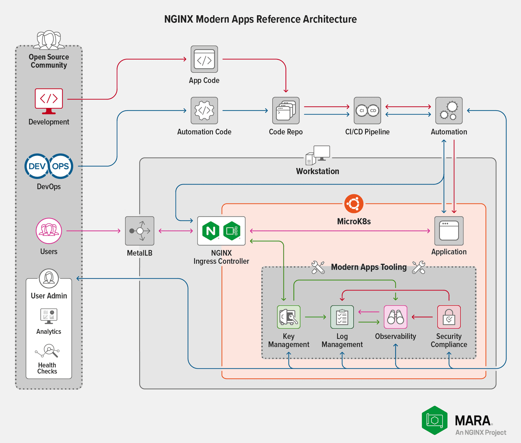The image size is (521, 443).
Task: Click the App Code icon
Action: point(204,59)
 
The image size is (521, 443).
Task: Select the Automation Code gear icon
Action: point(204,111)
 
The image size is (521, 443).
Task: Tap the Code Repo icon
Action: point(286,111)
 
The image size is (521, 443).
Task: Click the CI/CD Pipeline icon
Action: point(367,111)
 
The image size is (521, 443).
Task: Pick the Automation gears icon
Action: point(449,111)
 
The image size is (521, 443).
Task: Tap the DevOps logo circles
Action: point(49,166)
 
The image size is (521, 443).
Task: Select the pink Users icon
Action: point(49,231)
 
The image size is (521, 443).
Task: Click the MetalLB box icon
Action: point(140,231)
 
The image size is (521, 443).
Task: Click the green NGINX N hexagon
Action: point(211,231)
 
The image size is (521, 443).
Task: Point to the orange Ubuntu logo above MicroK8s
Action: point(354,204)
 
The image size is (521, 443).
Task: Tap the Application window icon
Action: point(449,231)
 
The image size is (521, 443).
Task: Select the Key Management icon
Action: point(289,317)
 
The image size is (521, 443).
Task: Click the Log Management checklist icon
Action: point(342,317)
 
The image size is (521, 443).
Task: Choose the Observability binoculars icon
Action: point(395,317)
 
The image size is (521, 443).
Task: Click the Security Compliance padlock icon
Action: point(449,317)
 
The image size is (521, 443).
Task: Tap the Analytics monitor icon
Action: point(49,316)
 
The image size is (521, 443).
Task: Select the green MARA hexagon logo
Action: point(435,420)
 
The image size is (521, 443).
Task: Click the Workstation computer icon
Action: point(318,155)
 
